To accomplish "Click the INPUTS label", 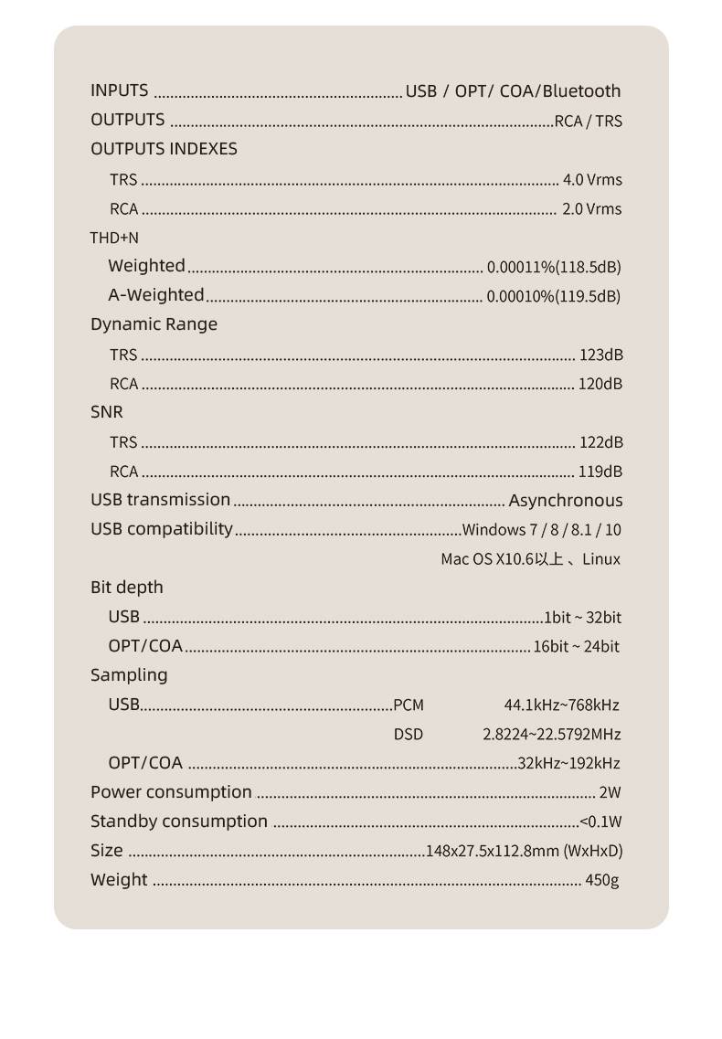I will point(119,90).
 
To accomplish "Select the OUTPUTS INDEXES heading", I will point(164,149).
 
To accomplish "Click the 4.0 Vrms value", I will point(592,180).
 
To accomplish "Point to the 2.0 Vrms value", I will point(591,209).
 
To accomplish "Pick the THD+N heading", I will point(114,238).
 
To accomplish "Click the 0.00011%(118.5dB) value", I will point(554,267).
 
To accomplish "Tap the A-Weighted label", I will point(156,294).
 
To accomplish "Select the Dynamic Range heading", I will point(154,324).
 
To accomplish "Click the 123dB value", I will point(601,355).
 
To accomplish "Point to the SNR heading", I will point(106,412).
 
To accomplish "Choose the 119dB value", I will point(601,472).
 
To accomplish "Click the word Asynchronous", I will point(566,501).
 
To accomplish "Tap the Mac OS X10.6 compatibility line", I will point(530,559).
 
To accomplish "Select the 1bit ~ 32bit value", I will point(583,618).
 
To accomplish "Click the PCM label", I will point(409,705).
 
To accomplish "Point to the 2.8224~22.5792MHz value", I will point(552,734).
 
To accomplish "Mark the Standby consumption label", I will point(179,822).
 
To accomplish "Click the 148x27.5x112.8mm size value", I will point(525,851).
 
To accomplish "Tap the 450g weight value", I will point(602,880).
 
